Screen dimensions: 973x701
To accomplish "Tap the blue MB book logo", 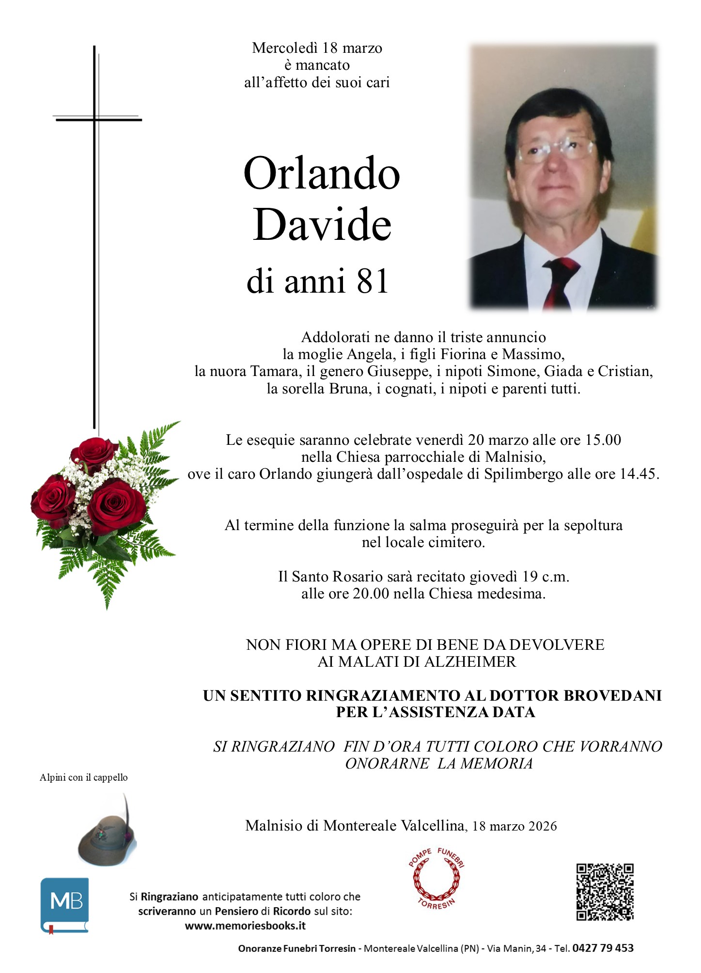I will [x=64, y=905].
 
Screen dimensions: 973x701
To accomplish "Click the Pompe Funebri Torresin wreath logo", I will [x=436, y=879].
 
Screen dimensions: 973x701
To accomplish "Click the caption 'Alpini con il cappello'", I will [x=83, y=777].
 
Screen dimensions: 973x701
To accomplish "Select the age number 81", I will [x=373, y=281].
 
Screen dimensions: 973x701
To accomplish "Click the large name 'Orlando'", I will [x=322, y=173].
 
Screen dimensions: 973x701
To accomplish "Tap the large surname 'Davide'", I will [x=322, y=224].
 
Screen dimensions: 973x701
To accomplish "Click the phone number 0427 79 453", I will [x=603, y=948].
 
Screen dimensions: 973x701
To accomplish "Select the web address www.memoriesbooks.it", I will [x=245, y=926].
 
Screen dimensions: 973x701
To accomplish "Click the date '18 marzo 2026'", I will [x=514, y=826].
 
